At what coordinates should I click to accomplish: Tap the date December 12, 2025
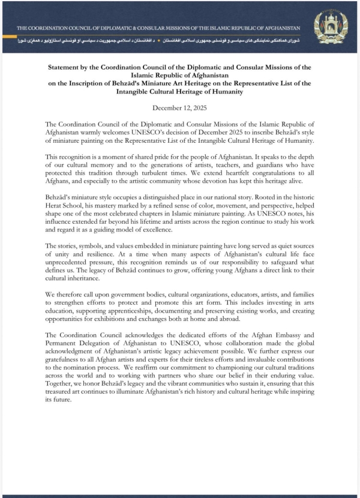pyautogui.click(x=180, y=108)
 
